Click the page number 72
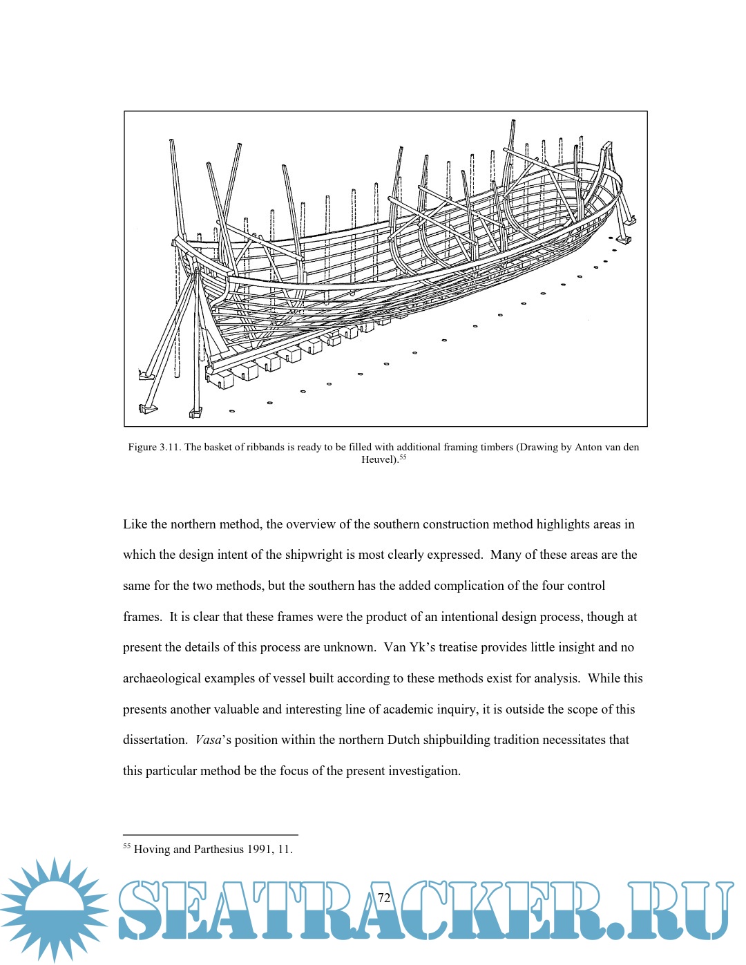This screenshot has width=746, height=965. click(384, 897)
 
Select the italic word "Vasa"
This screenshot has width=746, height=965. click(208, 740)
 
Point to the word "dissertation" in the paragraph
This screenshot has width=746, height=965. click(154, 740)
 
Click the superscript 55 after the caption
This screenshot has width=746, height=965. click(403, 457)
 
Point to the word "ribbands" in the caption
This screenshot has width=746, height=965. click(266, 447)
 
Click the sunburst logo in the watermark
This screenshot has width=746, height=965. click(54, 909)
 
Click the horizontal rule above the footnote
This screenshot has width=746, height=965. click(210, 834)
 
